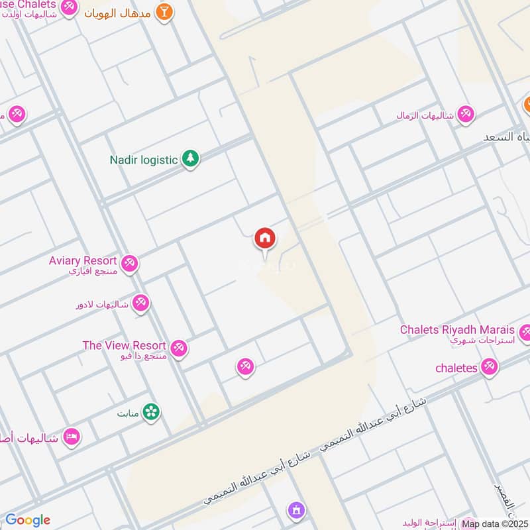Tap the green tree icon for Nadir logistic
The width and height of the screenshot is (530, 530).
[191, 158]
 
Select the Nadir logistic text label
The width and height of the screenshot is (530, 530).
[144, 160]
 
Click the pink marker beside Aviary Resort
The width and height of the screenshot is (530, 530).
[130, 263]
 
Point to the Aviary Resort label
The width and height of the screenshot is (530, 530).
[83, 261]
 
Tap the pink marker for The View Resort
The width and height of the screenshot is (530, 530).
[178, 347]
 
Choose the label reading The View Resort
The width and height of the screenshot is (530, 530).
[124, 345]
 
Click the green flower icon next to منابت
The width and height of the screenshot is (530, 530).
[152, 411]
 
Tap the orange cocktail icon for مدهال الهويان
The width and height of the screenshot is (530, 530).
[164, 11]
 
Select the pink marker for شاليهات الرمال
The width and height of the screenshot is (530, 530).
[466, 114]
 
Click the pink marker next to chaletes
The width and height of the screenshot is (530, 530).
[490, 366]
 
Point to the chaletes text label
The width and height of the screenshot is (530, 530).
[456, 368]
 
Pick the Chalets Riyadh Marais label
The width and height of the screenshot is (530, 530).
[457, 329]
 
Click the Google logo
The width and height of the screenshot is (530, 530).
[28, 520]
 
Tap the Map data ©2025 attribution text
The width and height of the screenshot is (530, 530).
[495, 523]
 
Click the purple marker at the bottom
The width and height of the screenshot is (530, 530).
[295, 510]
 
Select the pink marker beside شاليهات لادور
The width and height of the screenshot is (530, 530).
[140, 303]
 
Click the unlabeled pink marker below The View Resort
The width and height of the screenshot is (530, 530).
[245, 366]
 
